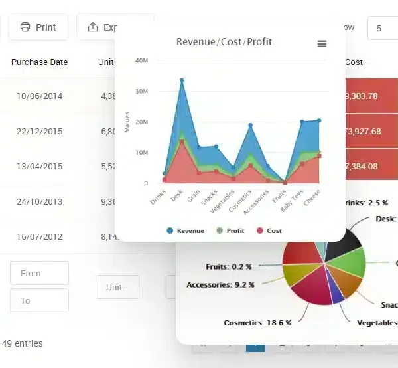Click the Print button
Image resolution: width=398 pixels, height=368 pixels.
coord(38,27)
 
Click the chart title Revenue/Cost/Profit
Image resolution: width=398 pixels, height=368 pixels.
coord(224,42)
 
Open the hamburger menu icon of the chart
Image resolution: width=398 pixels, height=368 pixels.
coord(322,44)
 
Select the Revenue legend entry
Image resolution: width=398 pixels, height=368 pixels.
coord(186,230)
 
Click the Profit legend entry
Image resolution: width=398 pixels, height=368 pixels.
coord(231,230)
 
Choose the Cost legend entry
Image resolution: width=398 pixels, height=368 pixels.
coord(269,230)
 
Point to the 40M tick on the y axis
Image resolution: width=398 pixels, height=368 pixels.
coord(141,60)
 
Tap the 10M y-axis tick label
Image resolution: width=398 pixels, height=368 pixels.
coord(141,153)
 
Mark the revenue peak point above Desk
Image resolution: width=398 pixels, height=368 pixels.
coord(182,80)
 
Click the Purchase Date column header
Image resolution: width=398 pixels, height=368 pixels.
coord(40,62)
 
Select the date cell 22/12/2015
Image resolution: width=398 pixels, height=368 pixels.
coord(40,131)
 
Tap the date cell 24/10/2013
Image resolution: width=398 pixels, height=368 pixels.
coord(40,201)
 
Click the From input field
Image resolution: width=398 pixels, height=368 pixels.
coord(39,273)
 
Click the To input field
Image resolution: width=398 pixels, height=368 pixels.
coord(39,300)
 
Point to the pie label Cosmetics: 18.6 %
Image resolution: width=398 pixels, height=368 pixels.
coord(257,322)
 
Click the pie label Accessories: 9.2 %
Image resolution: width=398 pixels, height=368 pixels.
coord(220,285)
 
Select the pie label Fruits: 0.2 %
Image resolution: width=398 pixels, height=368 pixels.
coord(229,266)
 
